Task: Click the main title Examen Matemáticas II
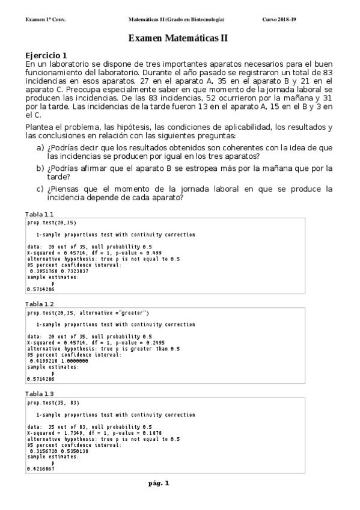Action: click(x=179, y=38)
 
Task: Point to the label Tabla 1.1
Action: click(x=39, y=215)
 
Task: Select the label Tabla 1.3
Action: click(x=39, y=394)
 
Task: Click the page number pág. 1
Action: click(x=159, y=483)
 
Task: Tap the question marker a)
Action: click(x=40, y=148)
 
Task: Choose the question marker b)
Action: click(x=40, y=169)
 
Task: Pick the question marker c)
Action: click(x=40, y=189)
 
